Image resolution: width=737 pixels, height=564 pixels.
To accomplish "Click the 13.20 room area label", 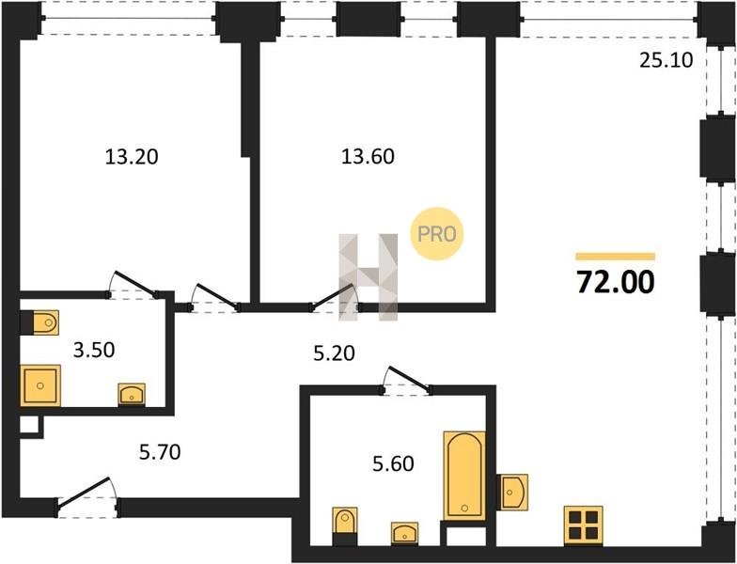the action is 132,156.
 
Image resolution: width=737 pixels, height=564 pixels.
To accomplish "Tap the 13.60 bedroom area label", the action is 368,156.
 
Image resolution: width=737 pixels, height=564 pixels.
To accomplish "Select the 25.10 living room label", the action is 666,60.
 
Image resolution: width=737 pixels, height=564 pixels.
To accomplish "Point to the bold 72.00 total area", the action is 616,282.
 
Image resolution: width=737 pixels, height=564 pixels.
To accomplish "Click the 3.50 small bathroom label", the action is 94,350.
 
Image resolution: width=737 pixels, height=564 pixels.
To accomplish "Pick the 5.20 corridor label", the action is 335,353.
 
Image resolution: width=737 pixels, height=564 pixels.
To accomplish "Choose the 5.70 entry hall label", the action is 160,452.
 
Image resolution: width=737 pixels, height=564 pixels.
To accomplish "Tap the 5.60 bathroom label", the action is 393,464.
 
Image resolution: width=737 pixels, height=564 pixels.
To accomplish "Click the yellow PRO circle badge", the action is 437,233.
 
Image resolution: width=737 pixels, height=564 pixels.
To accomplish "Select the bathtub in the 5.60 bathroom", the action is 464,476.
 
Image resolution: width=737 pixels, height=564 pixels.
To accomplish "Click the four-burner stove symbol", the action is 583,525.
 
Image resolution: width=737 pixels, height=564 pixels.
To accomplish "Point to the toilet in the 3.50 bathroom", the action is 45,322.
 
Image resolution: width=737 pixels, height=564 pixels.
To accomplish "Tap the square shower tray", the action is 40,385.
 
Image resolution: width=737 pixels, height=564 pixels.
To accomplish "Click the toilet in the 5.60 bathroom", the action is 345,521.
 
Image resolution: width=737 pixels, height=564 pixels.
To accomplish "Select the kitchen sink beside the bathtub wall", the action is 514,493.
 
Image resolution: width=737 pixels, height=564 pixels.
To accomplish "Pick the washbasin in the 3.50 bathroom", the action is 132,395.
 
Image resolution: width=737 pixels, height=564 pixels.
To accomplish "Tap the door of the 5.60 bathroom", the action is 406,381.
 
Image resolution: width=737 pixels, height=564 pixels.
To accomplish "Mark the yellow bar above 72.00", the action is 616,256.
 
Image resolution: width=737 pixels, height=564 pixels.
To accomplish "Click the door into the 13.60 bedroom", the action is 335,297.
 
